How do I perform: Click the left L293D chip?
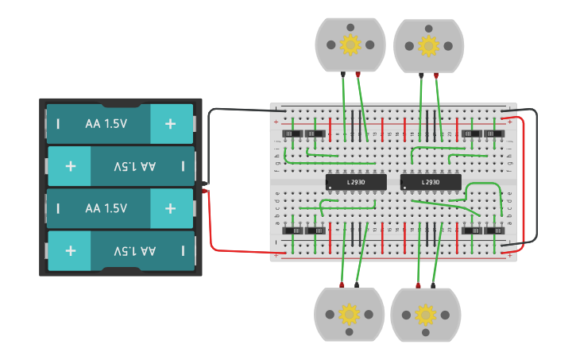(x=356, y=182)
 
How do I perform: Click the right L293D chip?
(x=431, y=182)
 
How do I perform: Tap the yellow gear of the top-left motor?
(x=350, y=45)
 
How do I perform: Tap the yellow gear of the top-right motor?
(x=428, y=45)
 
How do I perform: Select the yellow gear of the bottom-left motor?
(x=350, y=315)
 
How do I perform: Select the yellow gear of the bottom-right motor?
(x=426, y=315)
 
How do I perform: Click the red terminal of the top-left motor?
(x=358, y=75)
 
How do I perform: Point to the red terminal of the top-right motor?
(x=435, y=75)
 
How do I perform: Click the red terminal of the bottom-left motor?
(x=342, y=285)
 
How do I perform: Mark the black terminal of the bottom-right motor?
(x=433, y=285)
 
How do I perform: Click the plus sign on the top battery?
(x=170, y=123)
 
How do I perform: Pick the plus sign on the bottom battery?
(x=71, y=250)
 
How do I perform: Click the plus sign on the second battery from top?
(x=71, y=166)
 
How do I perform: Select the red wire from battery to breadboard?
(x=238, y=250)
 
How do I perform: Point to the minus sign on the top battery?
(x=57, y=123)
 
